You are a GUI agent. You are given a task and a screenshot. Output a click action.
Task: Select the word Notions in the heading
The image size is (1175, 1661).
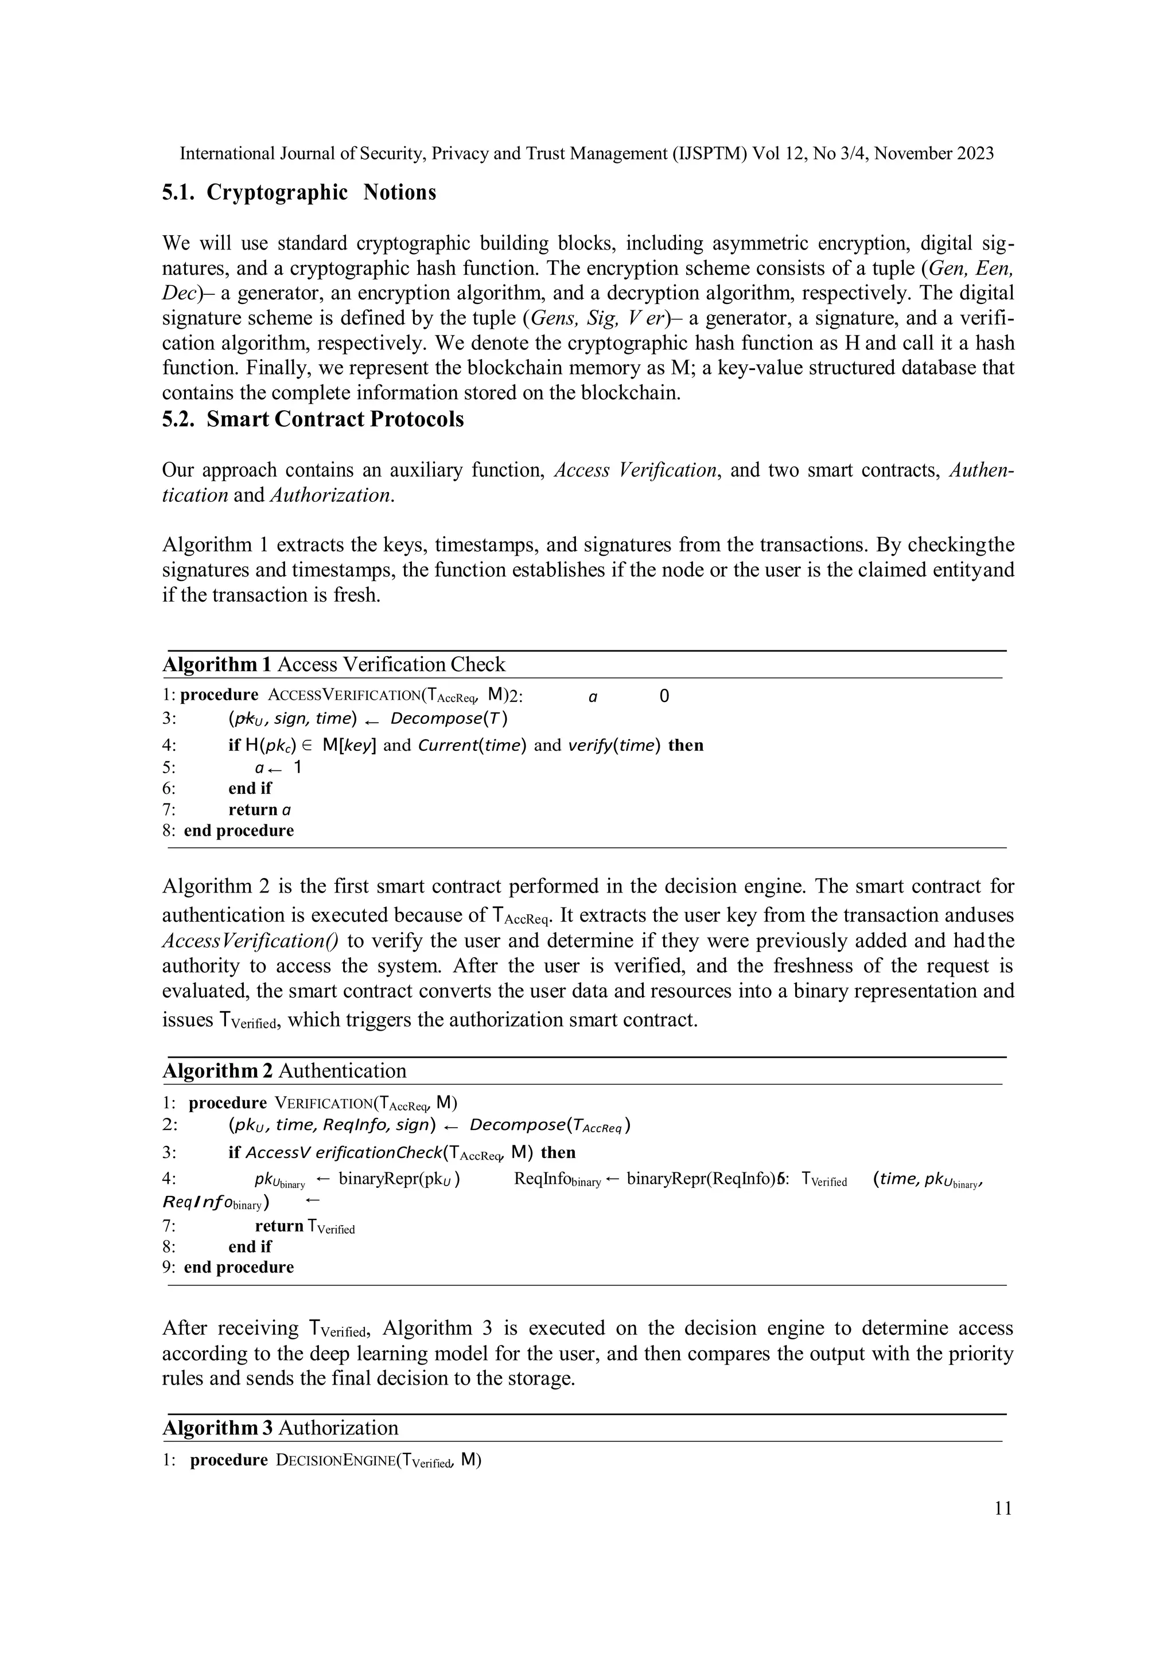399,193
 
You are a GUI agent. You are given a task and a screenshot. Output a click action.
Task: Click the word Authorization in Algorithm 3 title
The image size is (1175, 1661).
338,1428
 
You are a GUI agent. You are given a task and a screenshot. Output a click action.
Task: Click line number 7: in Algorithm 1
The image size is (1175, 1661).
169,809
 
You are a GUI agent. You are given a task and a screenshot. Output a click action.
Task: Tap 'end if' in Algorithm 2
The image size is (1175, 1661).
250,1246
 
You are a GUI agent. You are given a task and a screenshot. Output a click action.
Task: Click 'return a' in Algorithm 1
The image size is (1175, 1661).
260,809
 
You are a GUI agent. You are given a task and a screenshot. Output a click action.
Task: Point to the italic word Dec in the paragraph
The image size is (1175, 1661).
178,294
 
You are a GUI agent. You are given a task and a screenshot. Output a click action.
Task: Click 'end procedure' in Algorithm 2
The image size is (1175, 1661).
239,1267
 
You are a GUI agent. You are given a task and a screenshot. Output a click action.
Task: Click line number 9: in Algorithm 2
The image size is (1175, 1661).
169,1267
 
